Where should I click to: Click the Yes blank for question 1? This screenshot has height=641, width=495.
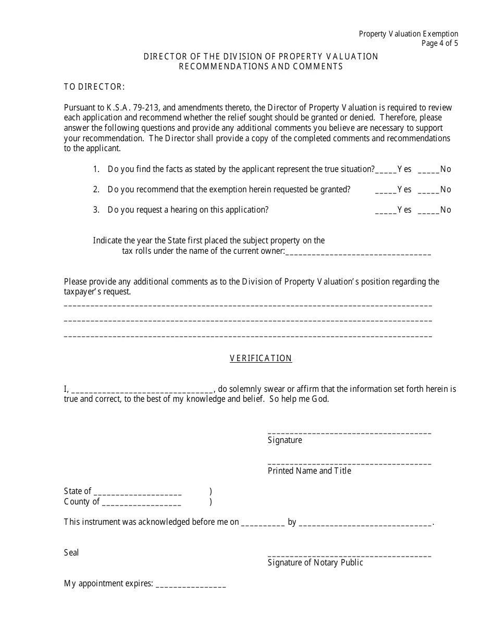pyautogui.click(x=386, y=170)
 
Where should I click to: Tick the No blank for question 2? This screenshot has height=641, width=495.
pyautogui.click(x=428, y=190)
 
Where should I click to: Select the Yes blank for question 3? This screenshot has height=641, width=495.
pyautogui.click(x=386, y=211)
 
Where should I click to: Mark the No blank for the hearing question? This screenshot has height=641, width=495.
pyautogui.click(x=428, y=211)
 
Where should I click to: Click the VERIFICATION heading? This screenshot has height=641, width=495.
pyautogui.click(x=261, y=358)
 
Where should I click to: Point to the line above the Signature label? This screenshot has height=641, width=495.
pyautogui.click(x=349, y=432)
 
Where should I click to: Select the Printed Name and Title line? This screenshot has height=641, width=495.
pyautogui.click(x=349, y=463)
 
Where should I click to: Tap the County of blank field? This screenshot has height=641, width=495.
pyautogui.click(x=142, y=503)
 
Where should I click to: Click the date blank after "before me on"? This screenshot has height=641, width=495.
pyautogui.click(x=263, y=523)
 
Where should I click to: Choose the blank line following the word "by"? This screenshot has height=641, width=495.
pyautogui.click(x=366, y=523)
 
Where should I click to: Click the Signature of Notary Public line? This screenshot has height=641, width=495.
pyautogui.click(x=349, y=555)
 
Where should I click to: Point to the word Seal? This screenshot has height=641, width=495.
pyautogui.click(x=71, y=552)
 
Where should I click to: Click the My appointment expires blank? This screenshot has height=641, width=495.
pyautogui.click(x=191, y=585)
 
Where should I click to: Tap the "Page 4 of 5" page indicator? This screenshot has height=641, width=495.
pyautogui.click(x=440, y=43)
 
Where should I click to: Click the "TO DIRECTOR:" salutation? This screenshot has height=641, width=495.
pyautogui.click(x=94, y=87)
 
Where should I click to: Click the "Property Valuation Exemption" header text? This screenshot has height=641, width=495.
pyautogui.click(x=409, y=34)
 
